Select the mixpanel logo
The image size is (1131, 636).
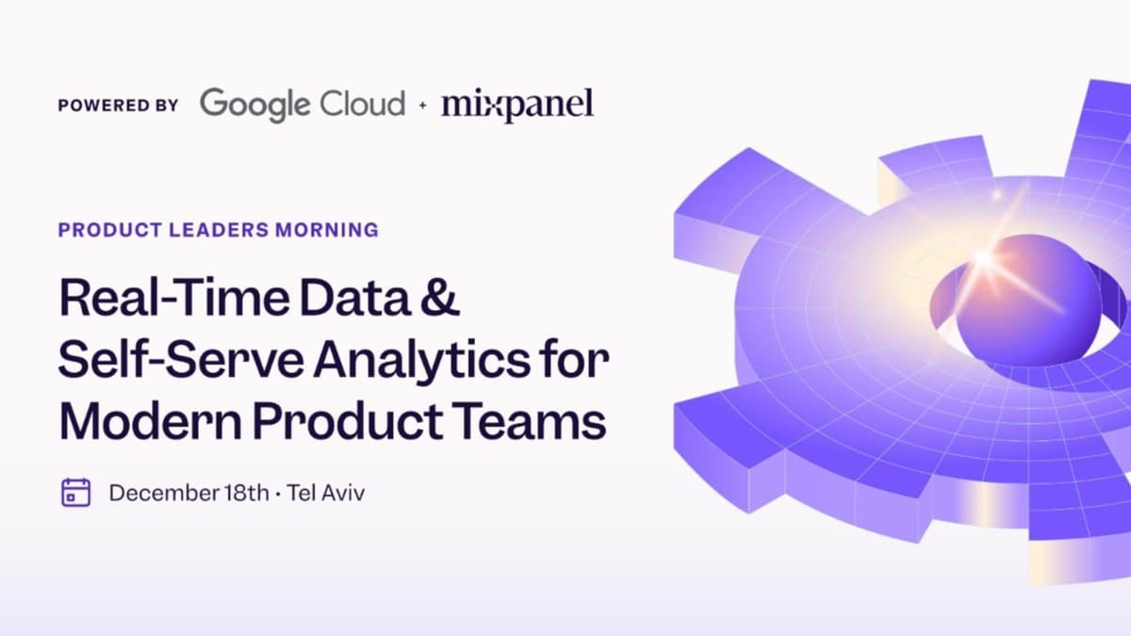[x=517, y=105]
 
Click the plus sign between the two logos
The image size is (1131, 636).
[x=422, y=105]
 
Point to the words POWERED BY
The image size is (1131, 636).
[x=118, y=106]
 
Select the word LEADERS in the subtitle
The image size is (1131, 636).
[x=207, y=229]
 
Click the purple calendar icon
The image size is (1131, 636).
[x=75, y=492]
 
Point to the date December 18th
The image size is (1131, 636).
[x=188, y=492]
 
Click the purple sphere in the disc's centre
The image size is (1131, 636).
[x=1027, y=302]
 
